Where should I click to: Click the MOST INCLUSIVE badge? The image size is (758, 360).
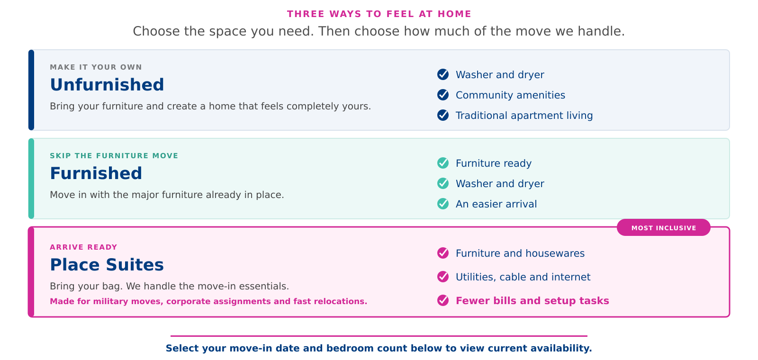(x=664, y=228)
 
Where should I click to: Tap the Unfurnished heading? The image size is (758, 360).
(x=107, y=85)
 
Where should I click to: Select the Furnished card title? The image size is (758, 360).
(x=96, y=173)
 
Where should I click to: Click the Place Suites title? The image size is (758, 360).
(x=107, y=265)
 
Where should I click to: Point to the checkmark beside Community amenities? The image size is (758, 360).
(x=443, y=95)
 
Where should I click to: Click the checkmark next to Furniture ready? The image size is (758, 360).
(x=443, y=163)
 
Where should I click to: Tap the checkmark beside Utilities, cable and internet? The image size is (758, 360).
(x=443, y=277)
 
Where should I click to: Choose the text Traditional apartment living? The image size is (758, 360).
(x=524, y=116)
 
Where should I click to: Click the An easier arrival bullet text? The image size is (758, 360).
(x=496, y=204)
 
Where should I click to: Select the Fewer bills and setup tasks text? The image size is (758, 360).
(x=532, y=301)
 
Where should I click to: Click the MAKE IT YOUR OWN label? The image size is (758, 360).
(x=96, y=67)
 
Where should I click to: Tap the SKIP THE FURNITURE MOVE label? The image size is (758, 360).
(x=114, y=156)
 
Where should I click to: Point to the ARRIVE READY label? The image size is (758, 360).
(x=83, y=247)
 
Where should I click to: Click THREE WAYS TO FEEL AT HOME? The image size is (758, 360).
(x=379, y=14)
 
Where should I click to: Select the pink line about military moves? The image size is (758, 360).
(x=208, y=301)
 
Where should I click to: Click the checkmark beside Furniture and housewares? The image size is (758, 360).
(x=443, y=253)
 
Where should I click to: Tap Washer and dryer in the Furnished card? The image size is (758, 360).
(x=500, y=184)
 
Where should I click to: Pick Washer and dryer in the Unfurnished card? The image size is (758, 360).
(x=500, y=75)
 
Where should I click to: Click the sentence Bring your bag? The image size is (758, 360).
(x=86, y=286)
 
